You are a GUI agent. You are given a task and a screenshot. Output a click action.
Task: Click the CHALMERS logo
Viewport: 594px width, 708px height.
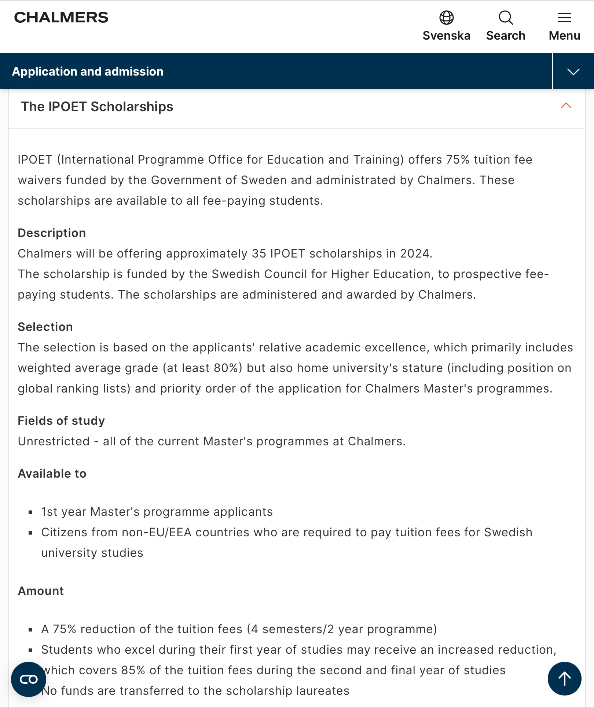(x=61, y=18)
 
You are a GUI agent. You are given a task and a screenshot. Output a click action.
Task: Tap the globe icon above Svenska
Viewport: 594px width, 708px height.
(x=446, y=18)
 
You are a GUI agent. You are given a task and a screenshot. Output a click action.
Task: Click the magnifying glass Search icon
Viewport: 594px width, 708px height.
(x=506, y=18)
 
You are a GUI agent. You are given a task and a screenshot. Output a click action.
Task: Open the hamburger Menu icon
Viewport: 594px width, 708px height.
(x=564, y=18)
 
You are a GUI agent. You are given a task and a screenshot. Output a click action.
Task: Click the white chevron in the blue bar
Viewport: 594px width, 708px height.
(x=573, y=72)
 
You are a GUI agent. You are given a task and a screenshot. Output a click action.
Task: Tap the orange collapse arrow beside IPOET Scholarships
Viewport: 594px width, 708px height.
(x=566, y=106)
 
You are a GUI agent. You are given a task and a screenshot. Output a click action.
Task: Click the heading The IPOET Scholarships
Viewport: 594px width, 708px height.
(x=97, y=107)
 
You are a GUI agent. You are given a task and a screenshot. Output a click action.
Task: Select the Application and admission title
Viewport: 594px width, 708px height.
(x=88, y=72)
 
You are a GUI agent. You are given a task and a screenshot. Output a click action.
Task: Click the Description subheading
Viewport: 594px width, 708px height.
(x=52, y=233)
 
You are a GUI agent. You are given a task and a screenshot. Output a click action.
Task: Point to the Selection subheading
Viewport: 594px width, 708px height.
(x=45, y=327)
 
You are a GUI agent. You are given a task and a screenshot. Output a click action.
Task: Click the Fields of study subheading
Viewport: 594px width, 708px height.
(x=61, y=421)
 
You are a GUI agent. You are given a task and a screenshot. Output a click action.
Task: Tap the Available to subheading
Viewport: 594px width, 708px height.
(x=52, y=474)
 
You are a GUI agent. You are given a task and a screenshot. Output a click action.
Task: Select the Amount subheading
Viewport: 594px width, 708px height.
(x=41, y=591)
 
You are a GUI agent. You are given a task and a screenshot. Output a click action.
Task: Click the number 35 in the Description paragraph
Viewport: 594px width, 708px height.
(x=259, y=253)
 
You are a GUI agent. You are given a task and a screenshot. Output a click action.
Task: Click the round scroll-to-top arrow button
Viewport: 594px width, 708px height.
(x=564, y=679)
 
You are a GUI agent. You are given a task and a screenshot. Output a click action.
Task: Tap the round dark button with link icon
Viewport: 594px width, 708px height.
(x=29, y=679)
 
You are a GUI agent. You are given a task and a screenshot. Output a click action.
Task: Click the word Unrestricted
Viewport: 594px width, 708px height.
(x=54, y=441)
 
